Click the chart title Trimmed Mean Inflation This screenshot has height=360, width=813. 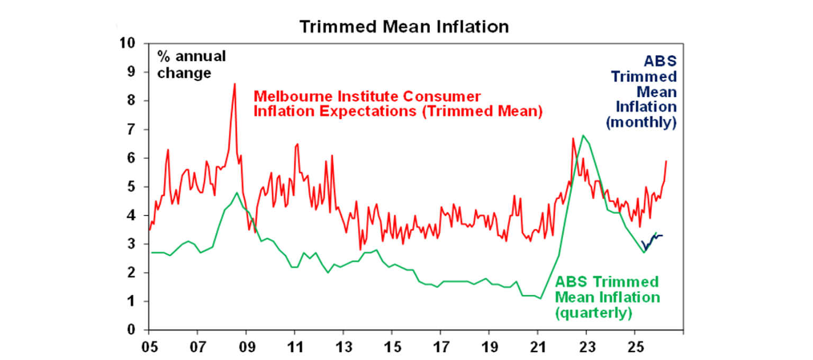404,26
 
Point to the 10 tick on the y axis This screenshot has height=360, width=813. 129,43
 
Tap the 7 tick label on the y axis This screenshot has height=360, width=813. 132,129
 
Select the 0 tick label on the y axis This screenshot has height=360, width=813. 132,330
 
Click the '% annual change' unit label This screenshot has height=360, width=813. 191,64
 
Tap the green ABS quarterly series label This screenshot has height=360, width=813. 607,297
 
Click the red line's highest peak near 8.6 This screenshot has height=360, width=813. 234,84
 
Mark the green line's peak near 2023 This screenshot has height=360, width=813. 583,135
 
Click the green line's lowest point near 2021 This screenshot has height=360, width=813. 540,299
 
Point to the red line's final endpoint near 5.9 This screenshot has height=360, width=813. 666,161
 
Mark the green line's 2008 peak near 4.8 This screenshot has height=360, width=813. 237,192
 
